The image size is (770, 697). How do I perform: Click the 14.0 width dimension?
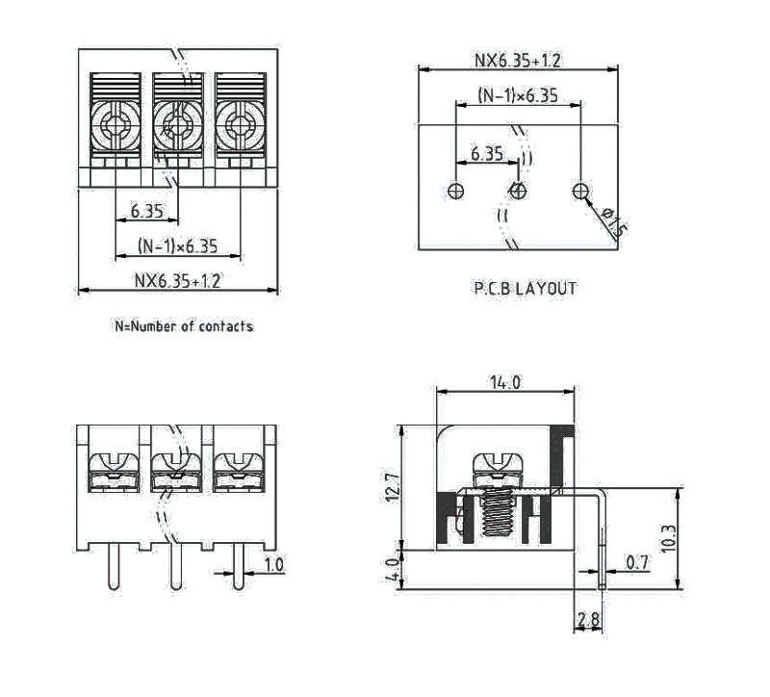click(504, 383)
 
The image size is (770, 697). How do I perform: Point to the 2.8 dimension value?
click(588, 620)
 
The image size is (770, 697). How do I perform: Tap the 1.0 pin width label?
click(273, 565)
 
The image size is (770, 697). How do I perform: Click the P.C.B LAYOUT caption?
click(525, 288)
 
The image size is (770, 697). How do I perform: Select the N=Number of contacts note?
click(184, 326)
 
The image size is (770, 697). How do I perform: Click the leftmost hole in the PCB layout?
click(457, 192)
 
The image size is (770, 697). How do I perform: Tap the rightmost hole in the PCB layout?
click(580, 192)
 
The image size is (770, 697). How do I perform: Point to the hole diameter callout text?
click(614, 220)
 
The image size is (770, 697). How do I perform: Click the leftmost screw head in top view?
click(115, 123)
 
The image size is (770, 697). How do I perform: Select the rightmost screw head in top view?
click(238, 123)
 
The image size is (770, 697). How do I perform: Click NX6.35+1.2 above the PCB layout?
click(517, 61)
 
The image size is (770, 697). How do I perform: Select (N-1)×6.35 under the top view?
click(177, 246)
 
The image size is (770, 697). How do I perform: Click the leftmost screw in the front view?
click(115, 466)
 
